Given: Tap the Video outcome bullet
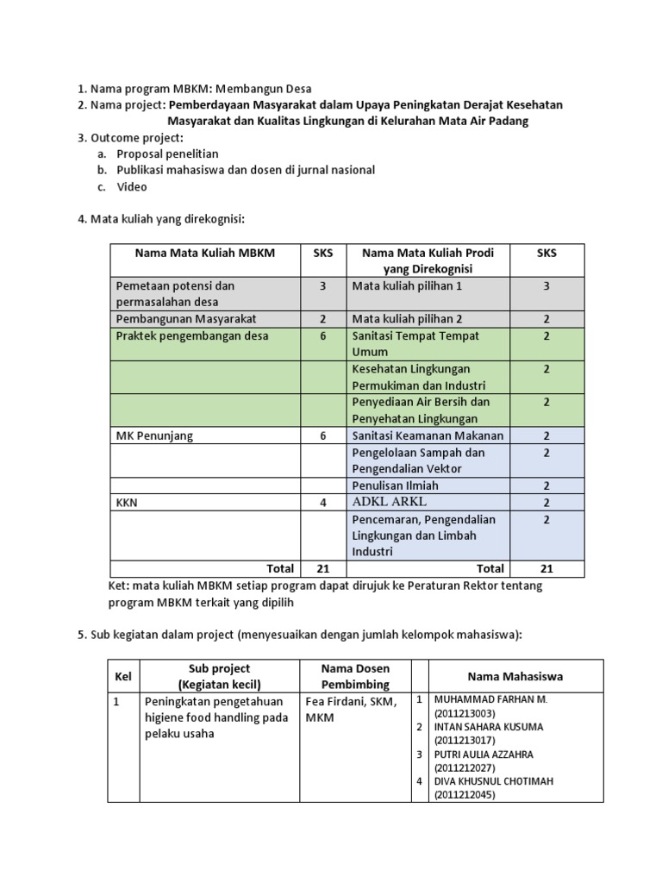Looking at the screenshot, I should (132, 186).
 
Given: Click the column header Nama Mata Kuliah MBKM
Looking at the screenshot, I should (204, 253).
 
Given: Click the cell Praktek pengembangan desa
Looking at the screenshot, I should (191, 335).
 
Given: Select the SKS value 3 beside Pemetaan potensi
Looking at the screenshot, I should (322, 285).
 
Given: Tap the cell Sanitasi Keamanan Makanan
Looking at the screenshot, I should (428, 435).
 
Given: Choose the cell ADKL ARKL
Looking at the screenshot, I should (389, 502).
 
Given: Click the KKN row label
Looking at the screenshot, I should (128, 502).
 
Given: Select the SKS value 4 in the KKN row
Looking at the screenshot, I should (322, 502).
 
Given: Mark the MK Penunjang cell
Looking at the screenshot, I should (154, 435).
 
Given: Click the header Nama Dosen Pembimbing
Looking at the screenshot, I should (355, 676).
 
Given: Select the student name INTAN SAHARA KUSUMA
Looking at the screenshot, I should (488, 726).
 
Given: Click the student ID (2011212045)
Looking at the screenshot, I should (466, 794).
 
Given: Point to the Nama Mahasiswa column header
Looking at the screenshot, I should (515, 676).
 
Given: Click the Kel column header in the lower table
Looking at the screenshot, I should (123, 676).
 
